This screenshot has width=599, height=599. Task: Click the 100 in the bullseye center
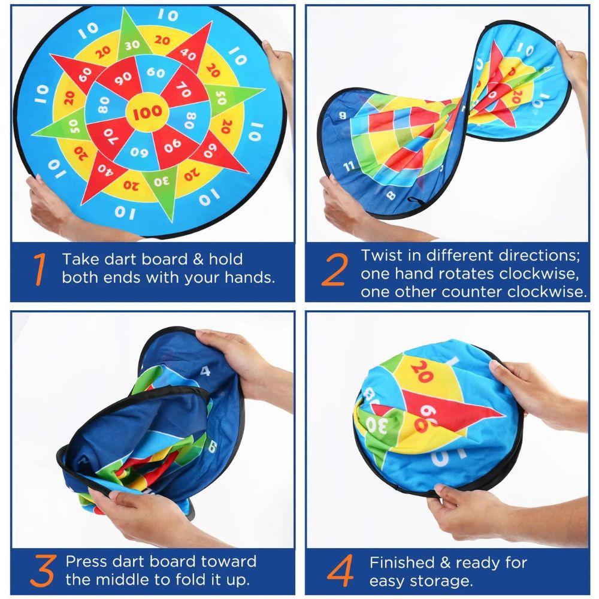[147, 112]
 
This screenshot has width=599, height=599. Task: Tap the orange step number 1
[40, 269]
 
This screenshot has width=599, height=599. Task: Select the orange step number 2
[335, 270]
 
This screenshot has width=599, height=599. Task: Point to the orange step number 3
[43, 571]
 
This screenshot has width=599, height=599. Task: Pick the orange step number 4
[340, 571]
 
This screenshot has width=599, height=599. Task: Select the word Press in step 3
[87, 562]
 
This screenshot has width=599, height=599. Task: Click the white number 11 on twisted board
[349, 166]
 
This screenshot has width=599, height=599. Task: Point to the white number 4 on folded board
[205, 371]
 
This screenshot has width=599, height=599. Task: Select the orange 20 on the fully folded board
[422, 371]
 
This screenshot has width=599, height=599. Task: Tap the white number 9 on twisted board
[342, 115]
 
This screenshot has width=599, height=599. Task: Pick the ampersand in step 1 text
[198, 259]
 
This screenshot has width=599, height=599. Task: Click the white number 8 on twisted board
[391, 195]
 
